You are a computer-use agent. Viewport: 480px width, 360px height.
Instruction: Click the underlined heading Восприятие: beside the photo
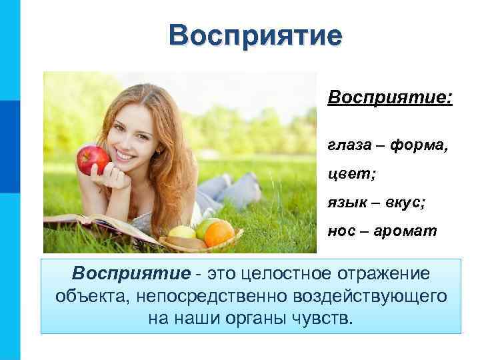390,99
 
